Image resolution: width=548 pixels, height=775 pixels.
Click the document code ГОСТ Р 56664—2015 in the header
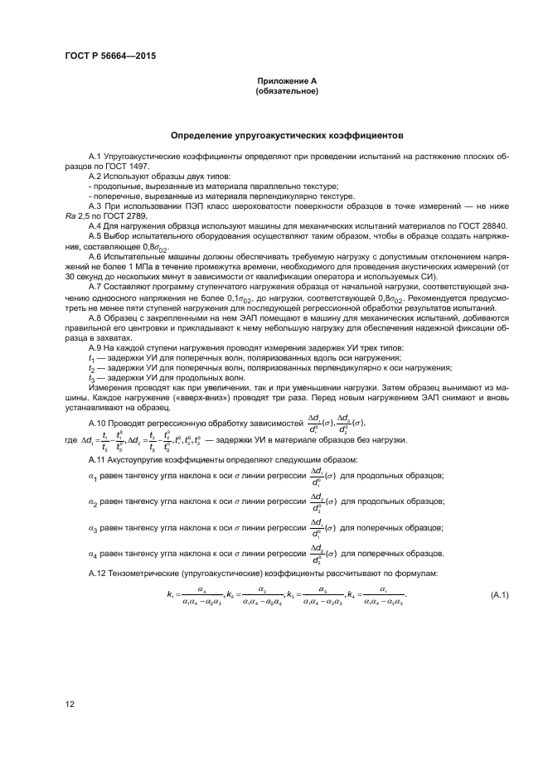coord(109,56)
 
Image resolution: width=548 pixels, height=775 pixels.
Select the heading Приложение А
coord(274,80)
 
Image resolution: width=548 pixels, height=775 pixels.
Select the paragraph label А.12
coord(99,597)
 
